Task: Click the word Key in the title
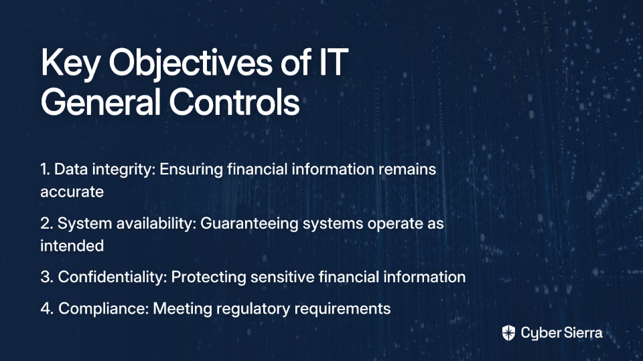point(70,64)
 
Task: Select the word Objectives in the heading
point(190,64)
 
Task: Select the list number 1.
point(45,169)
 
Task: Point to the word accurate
point(72,193)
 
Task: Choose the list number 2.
point(46,223)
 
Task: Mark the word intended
point(72,245)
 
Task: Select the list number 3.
point(47,277)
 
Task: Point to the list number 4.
point(47,309)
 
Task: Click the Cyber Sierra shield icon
point(508,333)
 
